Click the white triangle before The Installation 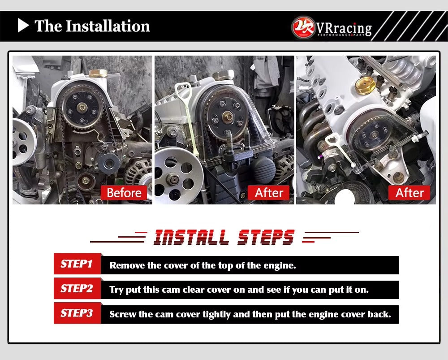[22, 26]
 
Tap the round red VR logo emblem [303, 27]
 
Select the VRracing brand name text [344, 29]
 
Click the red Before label [124, 193]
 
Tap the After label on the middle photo [269, 193]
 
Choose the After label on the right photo [409, 193]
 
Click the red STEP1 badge [77, 264]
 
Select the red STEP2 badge [77, 288]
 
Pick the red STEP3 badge [77, 313]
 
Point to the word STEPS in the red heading [266, 237]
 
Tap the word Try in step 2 [116, 290]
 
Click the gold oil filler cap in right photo [365, 85]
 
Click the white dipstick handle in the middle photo [183, 92]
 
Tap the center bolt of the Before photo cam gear [82, 108]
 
